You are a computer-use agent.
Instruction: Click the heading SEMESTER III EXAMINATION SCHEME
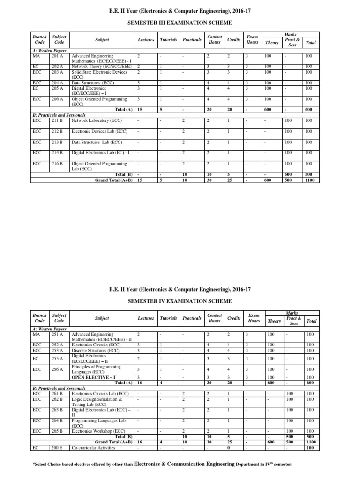click(180, 22)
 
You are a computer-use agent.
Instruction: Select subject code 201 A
click(57, 56)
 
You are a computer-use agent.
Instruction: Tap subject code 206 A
click(57, 99)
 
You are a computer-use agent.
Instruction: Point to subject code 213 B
click(58, 142)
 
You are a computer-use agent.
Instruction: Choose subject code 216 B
click(58, 164)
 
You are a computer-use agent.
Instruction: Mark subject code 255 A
click(58, 358)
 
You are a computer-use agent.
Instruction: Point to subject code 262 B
click(57, 398)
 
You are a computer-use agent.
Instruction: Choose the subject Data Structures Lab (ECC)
click(97, 142)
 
